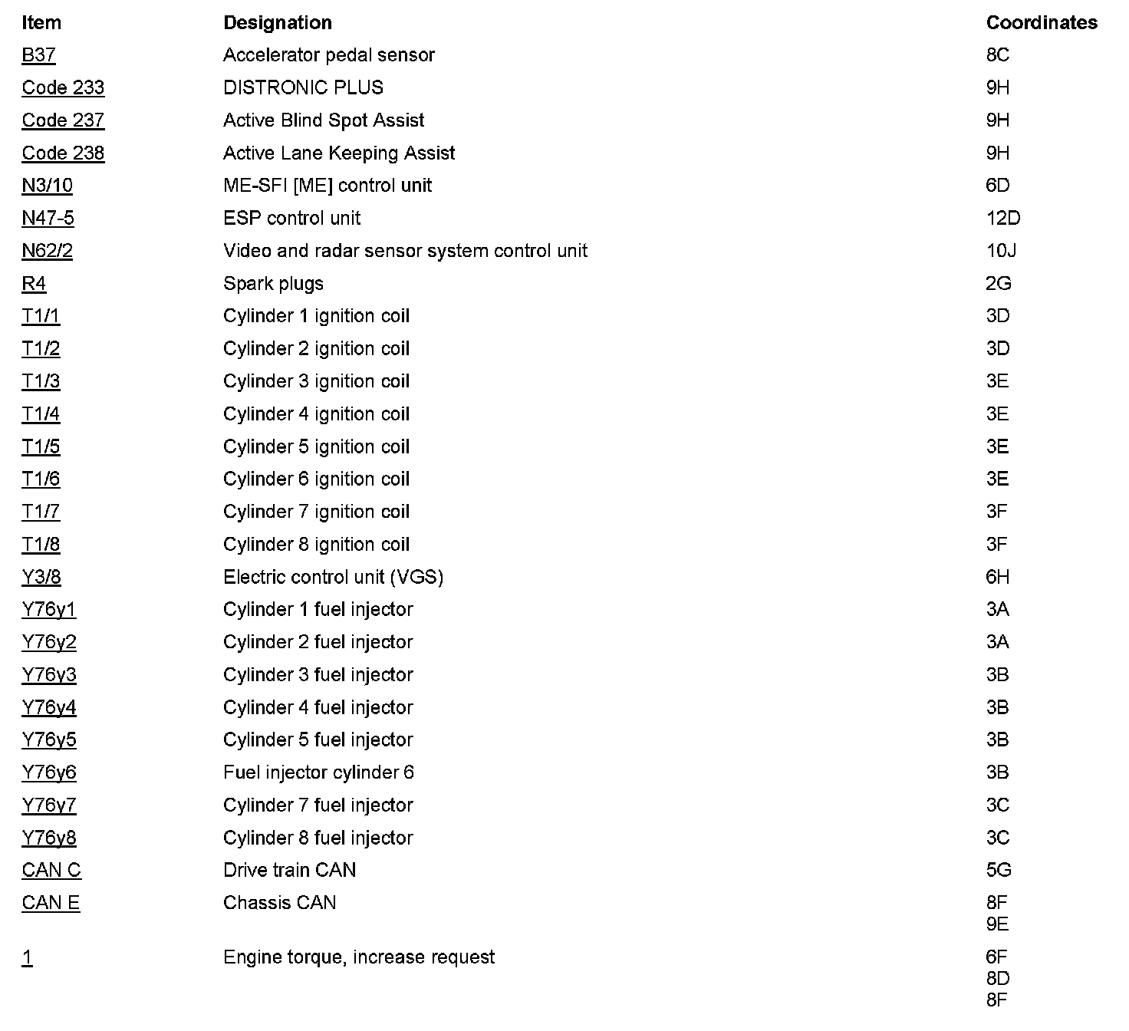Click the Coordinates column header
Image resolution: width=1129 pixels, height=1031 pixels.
click(1041, 23)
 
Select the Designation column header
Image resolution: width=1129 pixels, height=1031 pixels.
click(277, 23)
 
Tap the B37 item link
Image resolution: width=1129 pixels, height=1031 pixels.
click(38, 55)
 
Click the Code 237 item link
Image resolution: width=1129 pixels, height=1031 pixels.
click(63, 120)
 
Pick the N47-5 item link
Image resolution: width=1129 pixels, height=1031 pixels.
click(48, 219)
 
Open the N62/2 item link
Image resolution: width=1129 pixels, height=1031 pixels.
click(47, 251)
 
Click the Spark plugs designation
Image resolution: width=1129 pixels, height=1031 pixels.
click(273, 284)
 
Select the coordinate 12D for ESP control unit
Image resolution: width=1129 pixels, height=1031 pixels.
click(1002, 219)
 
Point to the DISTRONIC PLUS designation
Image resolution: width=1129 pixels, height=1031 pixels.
click(303, 87)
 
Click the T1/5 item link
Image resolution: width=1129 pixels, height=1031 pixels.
click(41, 446)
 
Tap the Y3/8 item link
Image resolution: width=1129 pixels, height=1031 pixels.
click(41, 577)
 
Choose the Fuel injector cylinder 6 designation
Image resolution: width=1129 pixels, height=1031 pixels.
click(318, 772)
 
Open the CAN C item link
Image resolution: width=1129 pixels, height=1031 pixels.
click(51, 870)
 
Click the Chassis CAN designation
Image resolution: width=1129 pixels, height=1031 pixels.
click(279, 903)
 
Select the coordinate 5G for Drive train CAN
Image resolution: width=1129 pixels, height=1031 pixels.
click(998, 870)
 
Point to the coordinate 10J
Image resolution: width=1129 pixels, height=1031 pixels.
click(1001, 251)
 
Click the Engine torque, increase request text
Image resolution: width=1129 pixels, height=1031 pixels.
click(358, 957)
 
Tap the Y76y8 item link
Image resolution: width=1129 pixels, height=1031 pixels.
click(49, 838)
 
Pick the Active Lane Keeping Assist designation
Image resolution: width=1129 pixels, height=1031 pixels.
click(339, 153)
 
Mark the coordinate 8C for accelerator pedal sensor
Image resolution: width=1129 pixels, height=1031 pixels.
click(997, 55)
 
